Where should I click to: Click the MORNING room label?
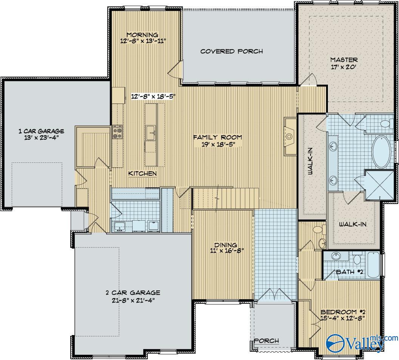pos(142,35)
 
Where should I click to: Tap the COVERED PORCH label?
pos(232,51)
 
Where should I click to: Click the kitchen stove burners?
pos(117,132)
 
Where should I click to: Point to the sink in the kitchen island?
pos(151,133)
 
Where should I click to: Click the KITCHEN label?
pos(142,173)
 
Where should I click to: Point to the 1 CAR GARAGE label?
pos(41,131)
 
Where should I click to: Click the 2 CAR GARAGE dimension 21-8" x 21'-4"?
pos(133,300)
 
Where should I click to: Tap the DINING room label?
pos(226,245)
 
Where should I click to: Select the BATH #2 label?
pos(350,272)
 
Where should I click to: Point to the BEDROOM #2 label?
pos(343,312)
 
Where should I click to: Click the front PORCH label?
pos(266,341)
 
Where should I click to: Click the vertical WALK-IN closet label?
pos(311,161)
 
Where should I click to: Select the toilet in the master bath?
pos(386,124)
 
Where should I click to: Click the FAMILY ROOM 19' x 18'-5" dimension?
pos(218,145)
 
